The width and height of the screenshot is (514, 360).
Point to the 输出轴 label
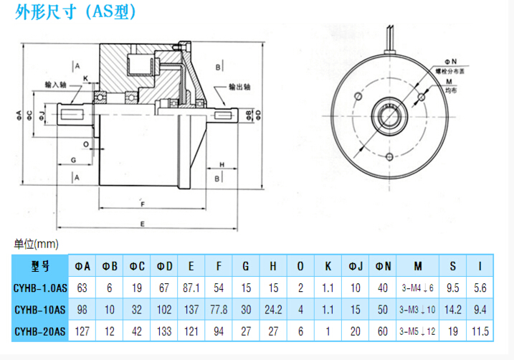point(242,86)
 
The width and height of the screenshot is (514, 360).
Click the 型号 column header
point(41,265)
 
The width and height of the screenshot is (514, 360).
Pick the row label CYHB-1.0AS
point(41,288)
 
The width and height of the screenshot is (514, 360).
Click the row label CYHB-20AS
point(41,331)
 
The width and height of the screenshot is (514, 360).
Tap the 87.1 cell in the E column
point(191,288)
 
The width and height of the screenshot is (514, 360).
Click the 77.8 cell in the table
point(219,310)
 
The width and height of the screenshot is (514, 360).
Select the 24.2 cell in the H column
point(273,310)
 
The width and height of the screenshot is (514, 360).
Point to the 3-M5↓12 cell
point(415,331)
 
